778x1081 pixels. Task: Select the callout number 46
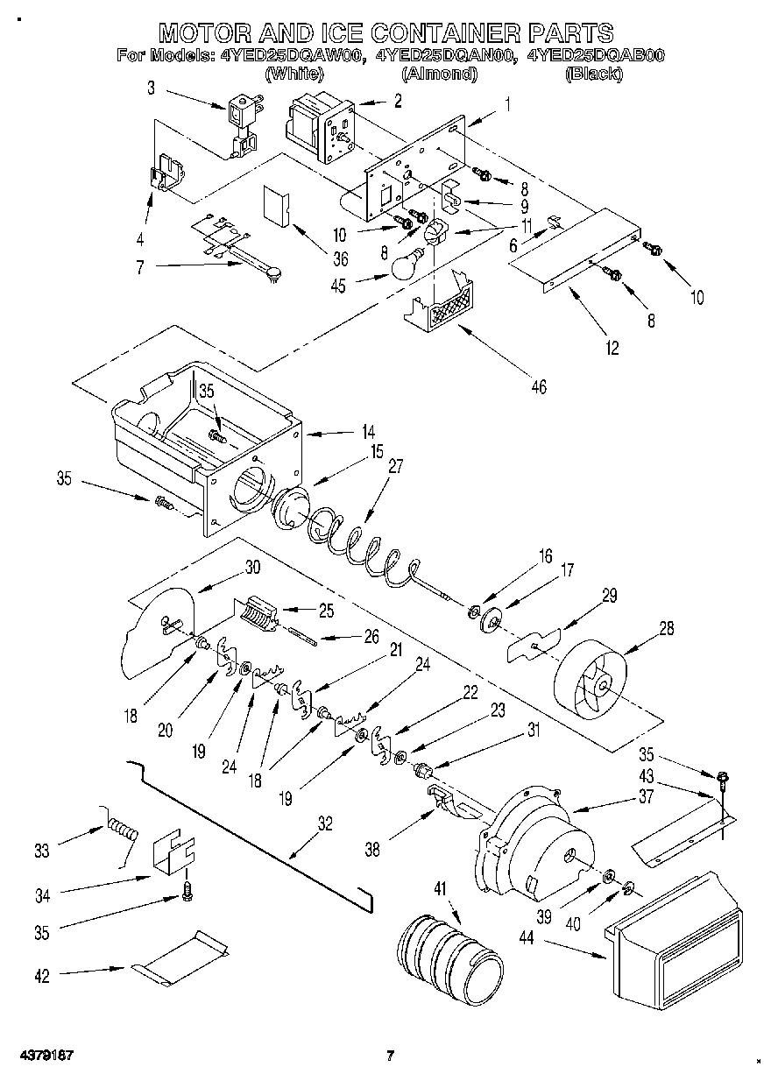[538, 386]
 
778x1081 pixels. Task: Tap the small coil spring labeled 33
[122, 828]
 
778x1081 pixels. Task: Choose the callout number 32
[325, 823]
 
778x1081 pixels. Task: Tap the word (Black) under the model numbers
[594, 74]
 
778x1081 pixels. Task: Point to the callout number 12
[612, 348]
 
